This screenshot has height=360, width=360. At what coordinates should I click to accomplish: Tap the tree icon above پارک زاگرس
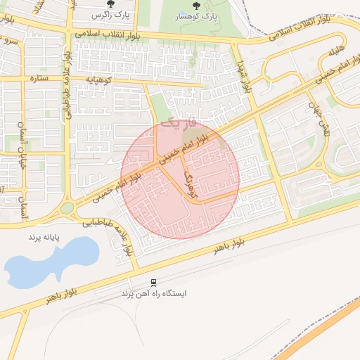110,4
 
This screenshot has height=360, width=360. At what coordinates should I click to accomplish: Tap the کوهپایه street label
98,81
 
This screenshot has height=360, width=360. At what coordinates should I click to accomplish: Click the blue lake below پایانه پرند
49,264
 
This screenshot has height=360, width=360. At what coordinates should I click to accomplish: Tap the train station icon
153,283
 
